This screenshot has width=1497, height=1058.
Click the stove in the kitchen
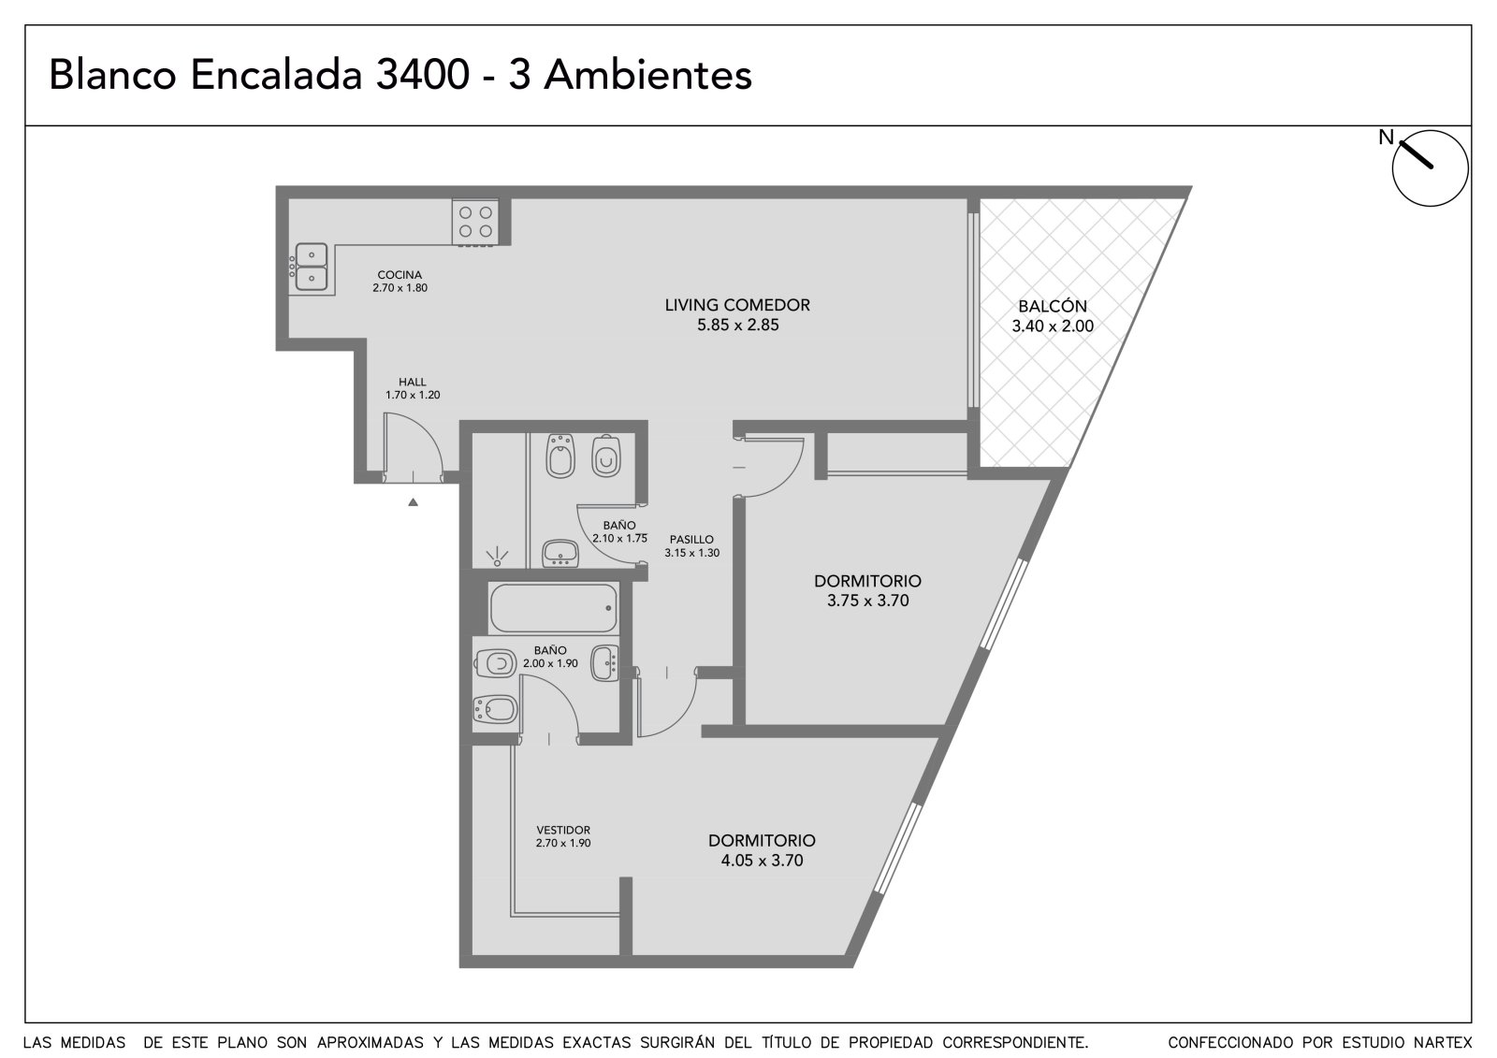pos(475,223)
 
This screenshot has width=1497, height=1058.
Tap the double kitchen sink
pos(312,267)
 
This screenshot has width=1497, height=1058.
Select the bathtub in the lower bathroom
pos(553,608)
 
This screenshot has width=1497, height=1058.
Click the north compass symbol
pos(1430,167)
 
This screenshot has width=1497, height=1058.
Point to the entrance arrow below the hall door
pos(413,502)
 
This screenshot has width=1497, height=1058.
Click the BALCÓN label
pos(1053,306)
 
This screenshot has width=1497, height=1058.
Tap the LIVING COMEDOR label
pos(737,305)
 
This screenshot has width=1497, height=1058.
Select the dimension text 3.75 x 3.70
pos(867,601)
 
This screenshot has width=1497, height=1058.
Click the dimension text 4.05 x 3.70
pos(762,861)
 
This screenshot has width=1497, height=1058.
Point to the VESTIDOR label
pos(563,830)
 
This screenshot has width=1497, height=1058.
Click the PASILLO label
pos(691,540)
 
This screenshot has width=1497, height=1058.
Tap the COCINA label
pos(400,275)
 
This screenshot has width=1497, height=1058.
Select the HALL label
pos(413,383)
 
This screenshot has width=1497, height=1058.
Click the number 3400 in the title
pos(422,75)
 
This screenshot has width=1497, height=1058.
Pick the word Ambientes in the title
pos(647,75)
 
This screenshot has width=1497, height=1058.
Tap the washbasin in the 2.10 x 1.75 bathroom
pos(560,553)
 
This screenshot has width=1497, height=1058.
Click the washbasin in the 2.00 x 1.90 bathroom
pos(604,663)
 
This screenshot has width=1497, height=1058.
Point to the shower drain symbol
pos(497,558)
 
